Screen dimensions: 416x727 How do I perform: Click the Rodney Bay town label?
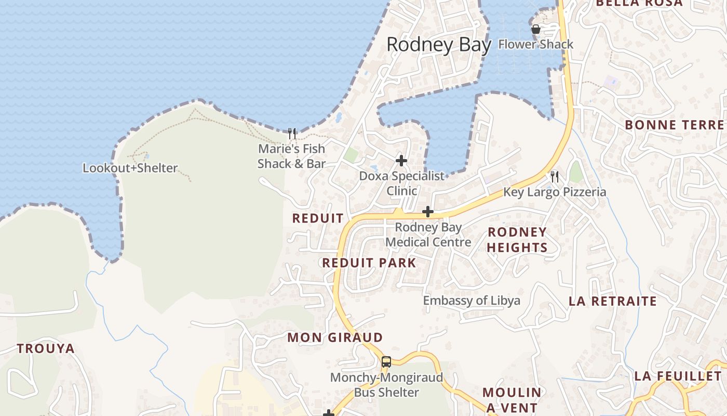[x=439, y=45]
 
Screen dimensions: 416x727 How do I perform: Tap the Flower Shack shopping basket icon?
[x=536, y=30]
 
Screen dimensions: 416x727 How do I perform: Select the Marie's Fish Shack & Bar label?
[x=291, y=156]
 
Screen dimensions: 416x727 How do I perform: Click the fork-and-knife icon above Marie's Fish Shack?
[x=292, y=134]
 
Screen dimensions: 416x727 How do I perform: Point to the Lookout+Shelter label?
[x=130, y=168]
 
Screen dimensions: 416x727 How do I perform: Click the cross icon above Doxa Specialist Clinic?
[x=401, y=160]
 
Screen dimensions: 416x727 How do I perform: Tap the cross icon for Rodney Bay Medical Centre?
[x=428, y=212]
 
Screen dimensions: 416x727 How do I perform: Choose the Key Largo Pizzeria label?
[x=555, y=192]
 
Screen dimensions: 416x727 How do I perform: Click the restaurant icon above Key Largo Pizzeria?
[x=555, y=176]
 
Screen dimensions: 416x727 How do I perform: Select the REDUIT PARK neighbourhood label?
[x=369, y=263]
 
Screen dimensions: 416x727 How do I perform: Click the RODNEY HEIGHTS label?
[x=517, y=240]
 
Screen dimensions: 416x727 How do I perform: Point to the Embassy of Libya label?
[x=472, y=301]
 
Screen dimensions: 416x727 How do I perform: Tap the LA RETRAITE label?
[x=613, y=301]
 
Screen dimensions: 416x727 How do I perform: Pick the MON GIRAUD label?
[x=335, y=337]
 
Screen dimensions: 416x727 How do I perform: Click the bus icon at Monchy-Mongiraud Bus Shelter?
[x=386, y=362]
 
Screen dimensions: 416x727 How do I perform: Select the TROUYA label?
[x=46, y=348]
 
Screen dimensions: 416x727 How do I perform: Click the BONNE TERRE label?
[x=674, y=125]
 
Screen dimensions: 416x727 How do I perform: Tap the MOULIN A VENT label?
[x=512, y=399]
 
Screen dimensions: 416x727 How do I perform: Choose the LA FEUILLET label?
[x=678, y=376]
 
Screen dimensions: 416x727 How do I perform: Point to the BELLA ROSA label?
[x=639, y=3]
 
